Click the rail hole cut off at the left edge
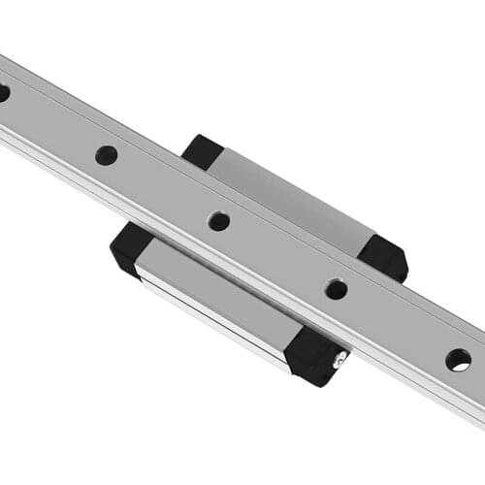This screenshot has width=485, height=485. coord(3,93)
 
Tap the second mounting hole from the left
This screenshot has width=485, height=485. coord(107,155)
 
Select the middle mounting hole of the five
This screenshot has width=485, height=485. coord(219,221)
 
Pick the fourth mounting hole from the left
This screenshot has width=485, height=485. coord(336,288)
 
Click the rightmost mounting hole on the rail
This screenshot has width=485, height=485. coord(458,359)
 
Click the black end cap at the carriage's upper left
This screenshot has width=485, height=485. coord(202,151)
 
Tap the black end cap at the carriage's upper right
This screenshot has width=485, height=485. coord(384,257)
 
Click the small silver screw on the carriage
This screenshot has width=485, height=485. coord(337,361)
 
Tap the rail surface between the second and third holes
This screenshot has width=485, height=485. coord(163,187)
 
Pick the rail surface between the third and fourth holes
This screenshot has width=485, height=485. coord(277,254)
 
